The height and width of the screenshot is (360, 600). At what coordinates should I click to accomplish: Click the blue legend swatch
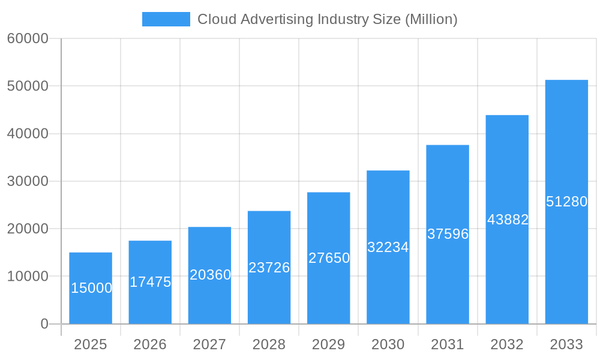(166, 19)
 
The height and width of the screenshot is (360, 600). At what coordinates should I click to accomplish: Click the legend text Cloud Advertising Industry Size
(327, 19)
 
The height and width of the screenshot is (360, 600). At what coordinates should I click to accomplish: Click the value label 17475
(150, 282)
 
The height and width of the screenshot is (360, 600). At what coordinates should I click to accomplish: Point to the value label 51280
(566, 202)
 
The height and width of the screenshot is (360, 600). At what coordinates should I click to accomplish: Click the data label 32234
(388, 247)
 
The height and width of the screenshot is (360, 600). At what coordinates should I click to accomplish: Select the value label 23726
(269, 268)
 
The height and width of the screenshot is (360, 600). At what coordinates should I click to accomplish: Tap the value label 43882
(508, 220)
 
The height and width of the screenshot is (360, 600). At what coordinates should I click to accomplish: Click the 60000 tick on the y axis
(28, 38)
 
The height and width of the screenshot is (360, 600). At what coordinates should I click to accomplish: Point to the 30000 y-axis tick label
(28, 181)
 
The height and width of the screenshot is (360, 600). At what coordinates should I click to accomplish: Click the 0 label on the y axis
(44, 324)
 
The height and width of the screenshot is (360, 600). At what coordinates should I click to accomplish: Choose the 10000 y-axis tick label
(28, 277)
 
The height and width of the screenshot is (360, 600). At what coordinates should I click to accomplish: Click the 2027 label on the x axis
(209, 344)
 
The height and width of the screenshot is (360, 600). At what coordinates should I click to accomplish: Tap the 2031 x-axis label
(448, 344)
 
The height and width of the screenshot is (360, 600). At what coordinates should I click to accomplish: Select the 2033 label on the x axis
(566, 344)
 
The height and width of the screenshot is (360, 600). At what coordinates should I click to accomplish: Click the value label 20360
(210, 275)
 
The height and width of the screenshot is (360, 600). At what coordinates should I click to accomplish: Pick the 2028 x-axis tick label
(269, 344)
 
